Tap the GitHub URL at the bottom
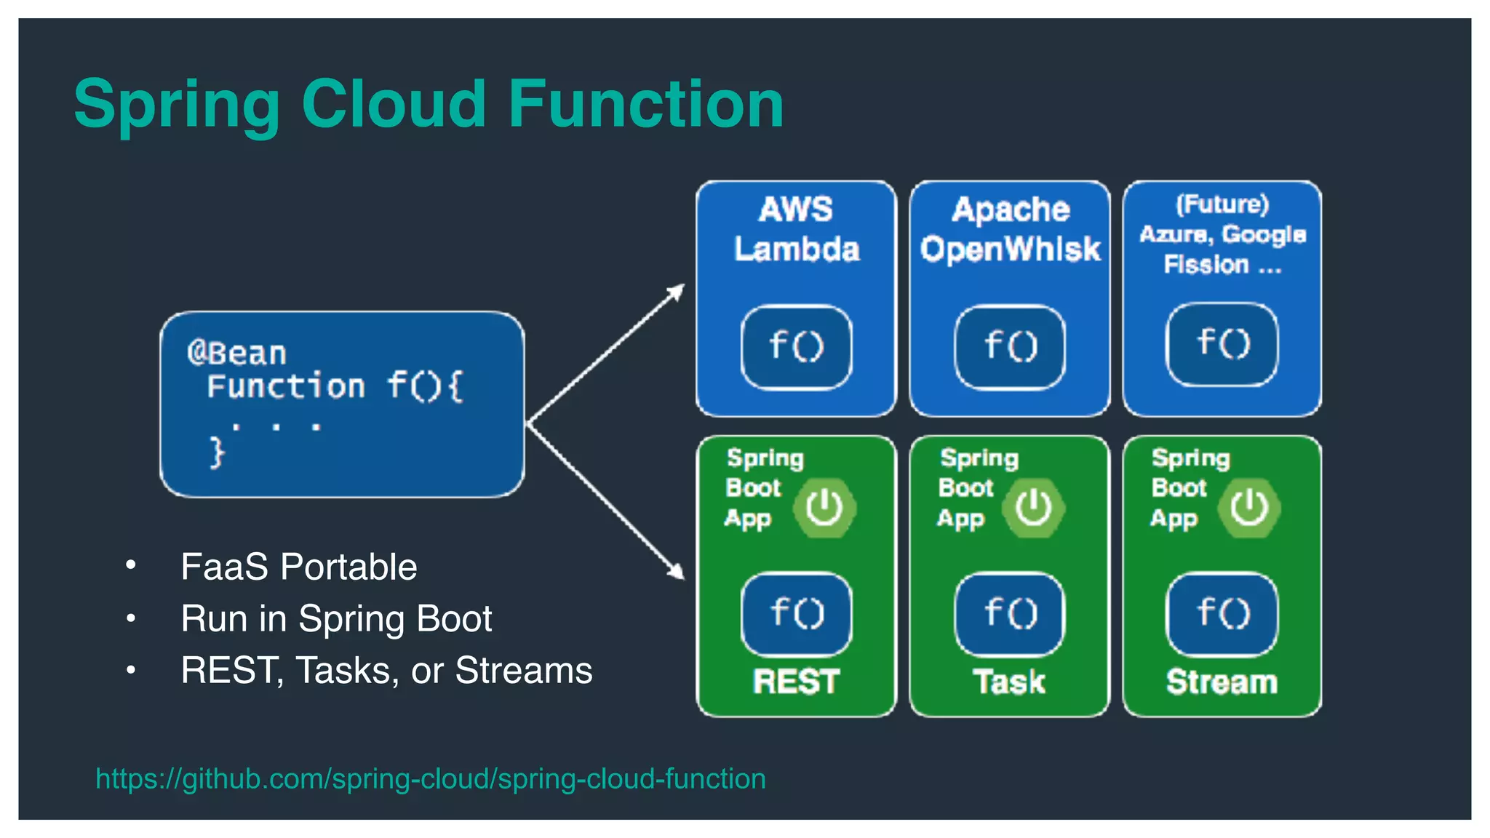(x=430, y=778)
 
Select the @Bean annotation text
(x=237, y=354)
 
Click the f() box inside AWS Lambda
(x=796, y=346)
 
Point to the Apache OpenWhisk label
(x=1010, y=229)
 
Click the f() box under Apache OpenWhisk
(x=1010, y=346)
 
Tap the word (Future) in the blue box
(x=1222, y=204)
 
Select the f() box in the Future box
(x=1222, y=344)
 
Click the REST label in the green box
(x=796, y=682)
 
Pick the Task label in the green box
(x=1010, y=682)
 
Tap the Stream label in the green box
(x=1222, y=682)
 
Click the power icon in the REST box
(x=824, y=507)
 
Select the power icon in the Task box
(x=1033, y=507)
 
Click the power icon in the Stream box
(x=1249, y=507)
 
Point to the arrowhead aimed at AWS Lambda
(x=677, y=290)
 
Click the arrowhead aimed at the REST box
(x=677, y=571)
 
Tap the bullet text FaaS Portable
(x=298, y=567)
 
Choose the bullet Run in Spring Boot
(x=336, y=618)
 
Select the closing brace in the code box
(x=217, y=452)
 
